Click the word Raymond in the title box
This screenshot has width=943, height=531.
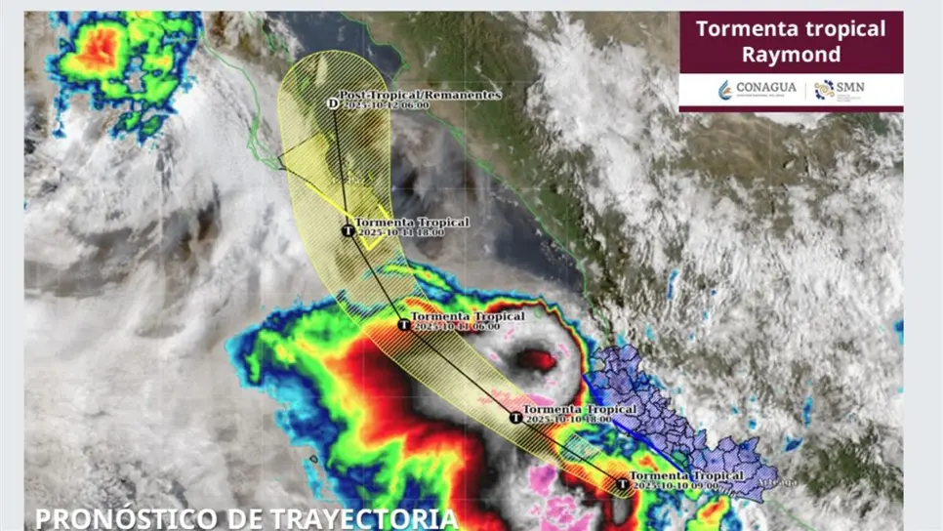791,55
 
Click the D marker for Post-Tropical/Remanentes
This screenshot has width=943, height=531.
333,102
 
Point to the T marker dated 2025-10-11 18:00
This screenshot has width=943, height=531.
348,230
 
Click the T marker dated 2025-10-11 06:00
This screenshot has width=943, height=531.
404,325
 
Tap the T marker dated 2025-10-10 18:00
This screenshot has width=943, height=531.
515,418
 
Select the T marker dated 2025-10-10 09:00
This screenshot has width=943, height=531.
622,483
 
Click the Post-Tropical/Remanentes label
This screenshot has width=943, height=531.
420,95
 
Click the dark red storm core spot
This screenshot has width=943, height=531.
536,360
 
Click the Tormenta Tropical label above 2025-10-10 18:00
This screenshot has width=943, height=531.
581,409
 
